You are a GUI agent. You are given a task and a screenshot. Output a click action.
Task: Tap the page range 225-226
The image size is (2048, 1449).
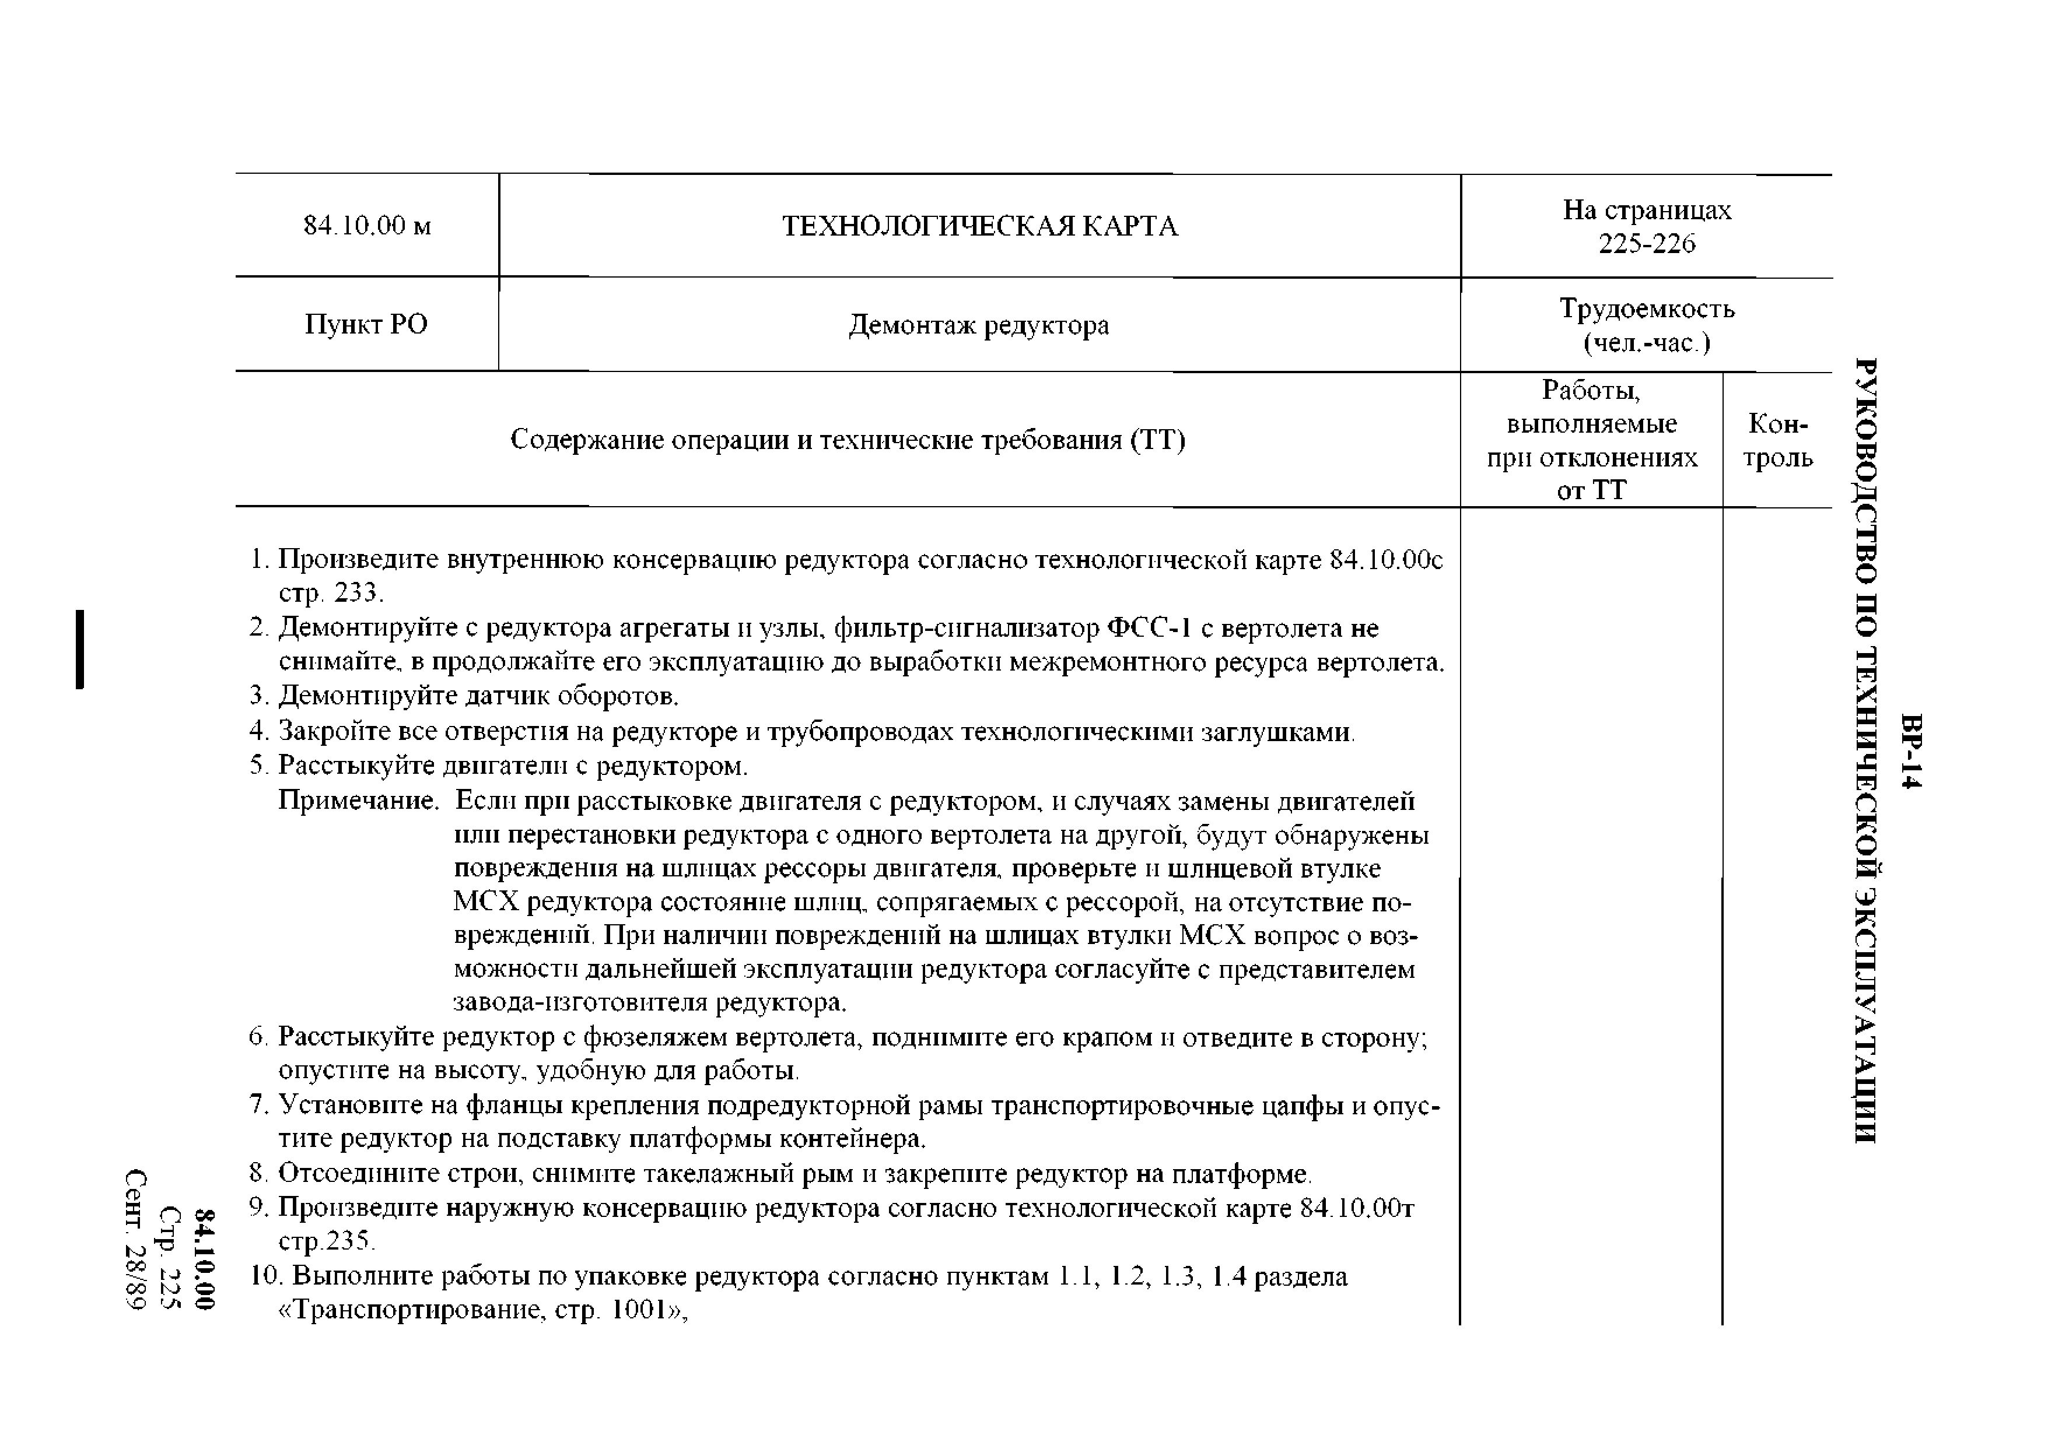pos(1647,244)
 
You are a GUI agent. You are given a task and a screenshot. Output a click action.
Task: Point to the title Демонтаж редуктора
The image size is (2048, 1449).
pos(978,325)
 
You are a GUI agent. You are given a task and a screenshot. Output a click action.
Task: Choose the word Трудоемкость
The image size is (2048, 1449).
pos(1647,308)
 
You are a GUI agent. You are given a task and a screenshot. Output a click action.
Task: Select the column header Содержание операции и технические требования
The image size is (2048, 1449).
pos(847,440)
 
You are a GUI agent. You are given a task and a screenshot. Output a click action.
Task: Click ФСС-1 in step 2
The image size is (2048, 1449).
pos(1149,628)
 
